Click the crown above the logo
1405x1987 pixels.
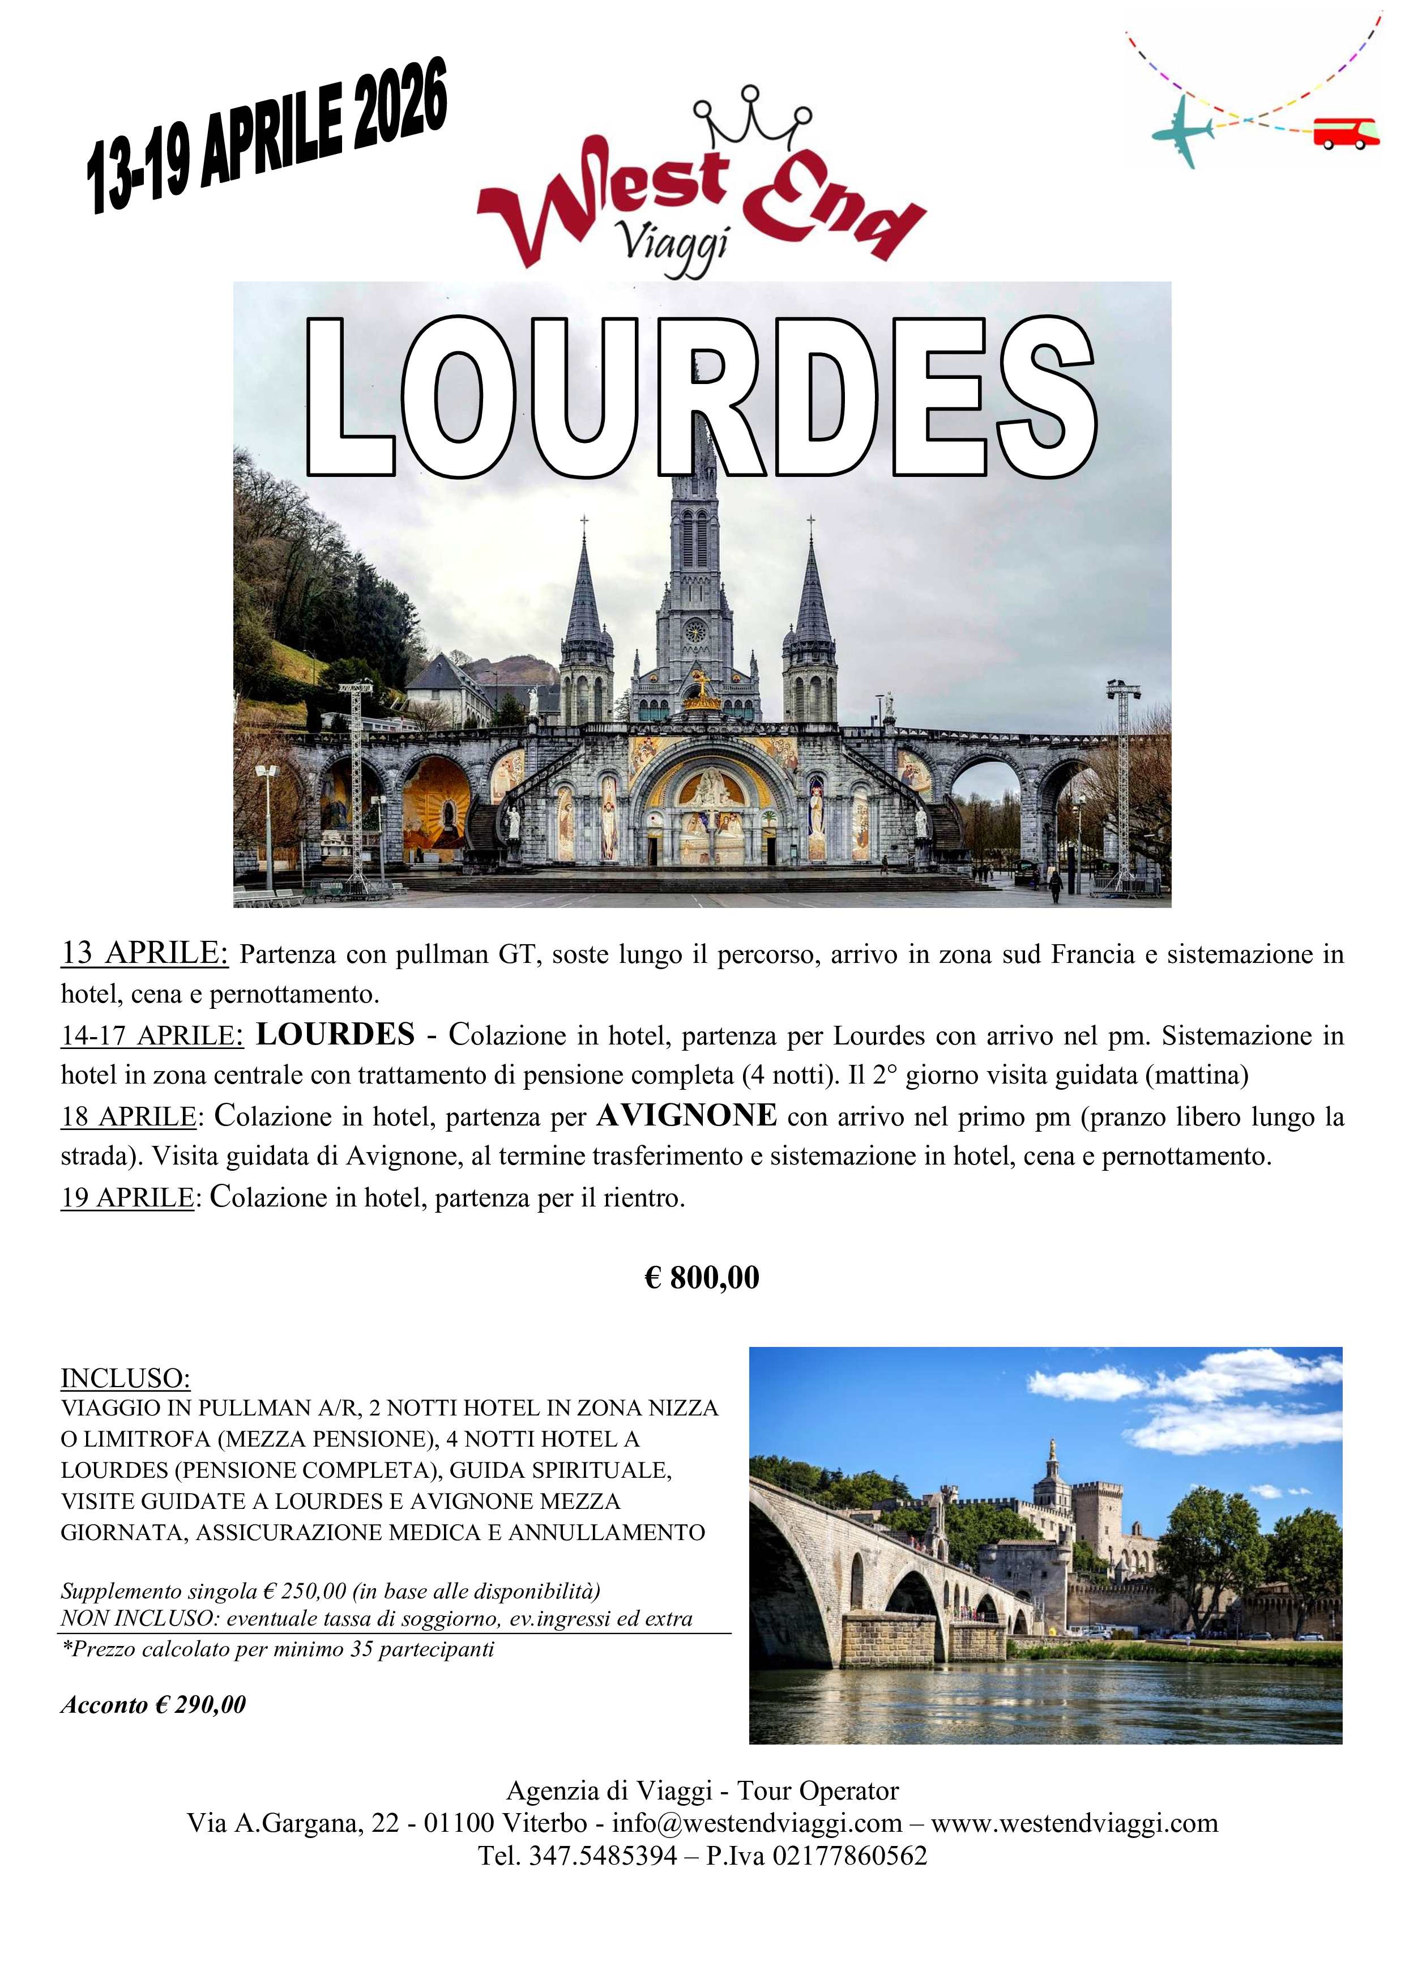pos(753,117)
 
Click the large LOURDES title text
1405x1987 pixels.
pos(701,398)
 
